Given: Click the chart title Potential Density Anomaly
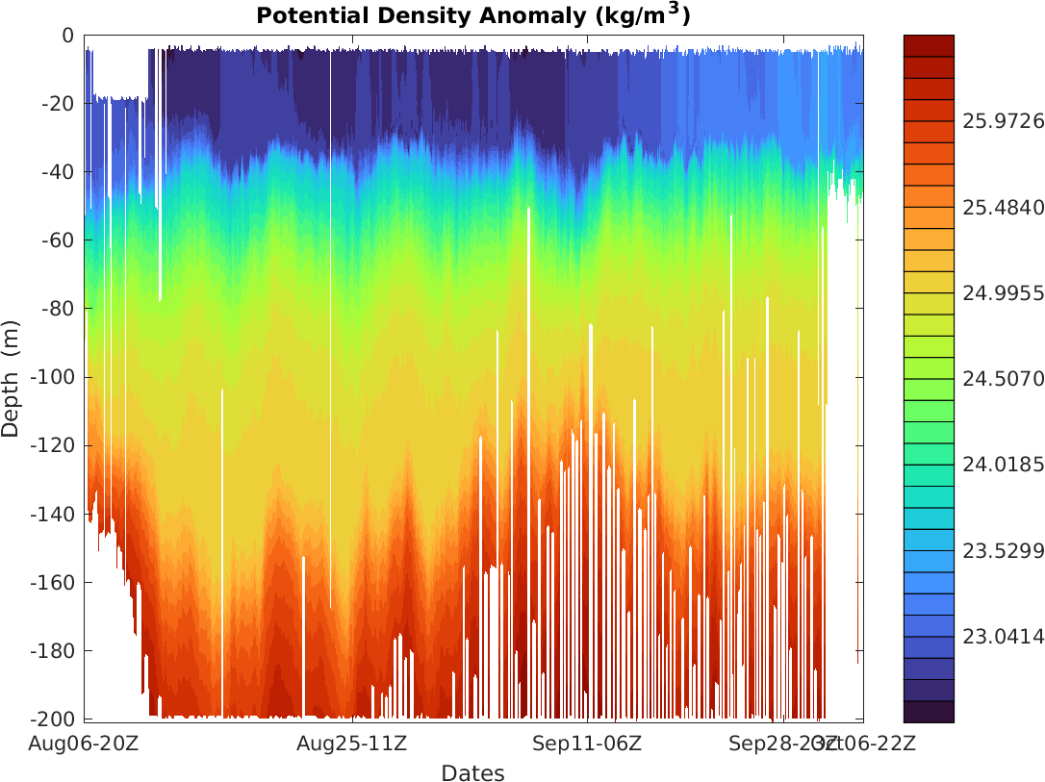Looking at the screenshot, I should click(x=472, y=16).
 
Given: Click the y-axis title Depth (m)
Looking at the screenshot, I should click(x=12, y=378).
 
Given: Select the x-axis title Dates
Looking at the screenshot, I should click(x=472, y=772).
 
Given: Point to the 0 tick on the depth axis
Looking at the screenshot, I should click(x=67, y=36).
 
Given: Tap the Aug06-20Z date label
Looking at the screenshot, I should click(x=85, y=744).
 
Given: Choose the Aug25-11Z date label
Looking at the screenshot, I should click(x=350, y=744).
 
